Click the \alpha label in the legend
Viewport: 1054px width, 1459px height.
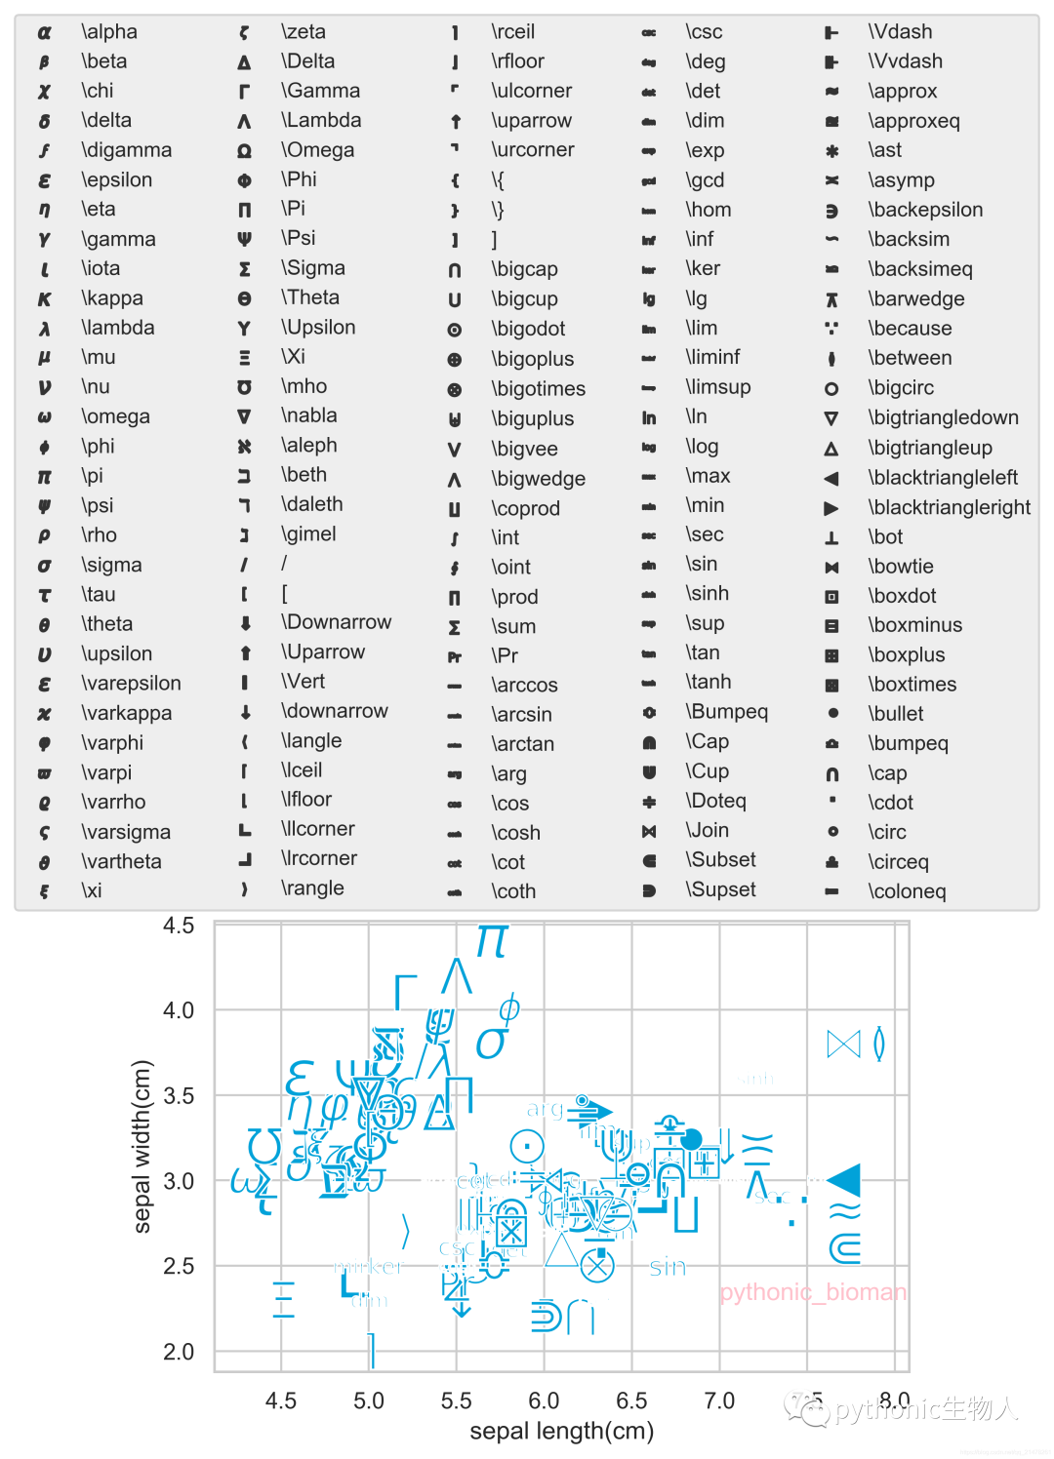tap(109, 32)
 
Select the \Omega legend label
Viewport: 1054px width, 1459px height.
tap(317, 150)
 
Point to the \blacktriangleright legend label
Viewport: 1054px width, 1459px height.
tap(949, 507)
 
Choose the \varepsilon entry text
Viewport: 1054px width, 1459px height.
tap(131, 684)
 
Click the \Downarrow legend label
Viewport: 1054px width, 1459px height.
tap(336, 622)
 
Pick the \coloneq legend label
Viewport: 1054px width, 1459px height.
tap(907, 891)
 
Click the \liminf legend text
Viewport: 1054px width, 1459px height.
tap(712, 357)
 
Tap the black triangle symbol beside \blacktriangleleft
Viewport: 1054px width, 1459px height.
tap(831, 479)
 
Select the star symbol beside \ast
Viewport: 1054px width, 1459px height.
tap(831, 151)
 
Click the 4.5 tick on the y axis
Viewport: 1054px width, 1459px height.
tap(179, 926)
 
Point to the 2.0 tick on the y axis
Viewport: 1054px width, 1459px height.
tap(179, 1352)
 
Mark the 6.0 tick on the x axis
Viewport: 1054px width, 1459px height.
tap(544, 1401)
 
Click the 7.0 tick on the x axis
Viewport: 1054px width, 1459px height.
tap(719, 1401)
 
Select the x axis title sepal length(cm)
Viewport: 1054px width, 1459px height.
tap(561, 1432)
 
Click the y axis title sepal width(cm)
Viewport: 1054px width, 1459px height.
tap(142, 1146)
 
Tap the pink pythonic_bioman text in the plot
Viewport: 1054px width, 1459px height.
tap(812, 1292)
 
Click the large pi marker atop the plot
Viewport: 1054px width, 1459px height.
tap(492, 942)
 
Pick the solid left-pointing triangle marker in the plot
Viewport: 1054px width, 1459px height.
tap(844, 1179)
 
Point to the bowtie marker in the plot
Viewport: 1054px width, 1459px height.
tap(843, 1045)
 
